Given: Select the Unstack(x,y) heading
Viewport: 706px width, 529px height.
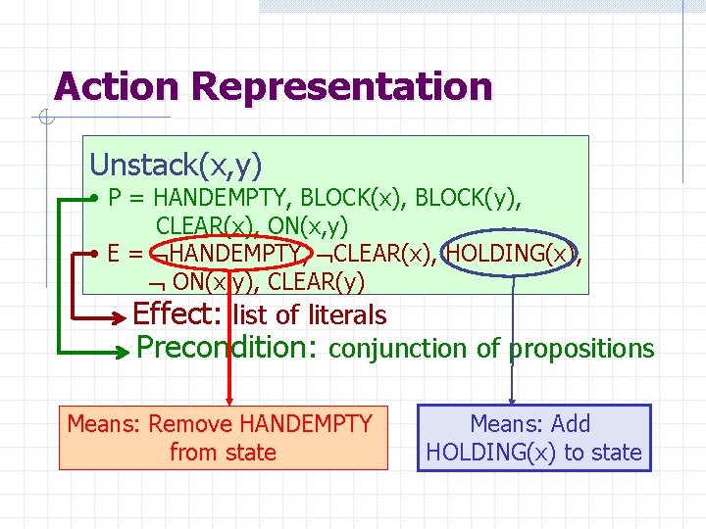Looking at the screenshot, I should (176, 163).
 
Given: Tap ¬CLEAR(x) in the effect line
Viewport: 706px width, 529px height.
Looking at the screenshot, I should (378, 254).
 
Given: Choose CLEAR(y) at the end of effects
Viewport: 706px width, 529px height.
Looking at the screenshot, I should (316, 283).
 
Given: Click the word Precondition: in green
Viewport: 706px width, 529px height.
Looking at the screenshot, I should (227, 347).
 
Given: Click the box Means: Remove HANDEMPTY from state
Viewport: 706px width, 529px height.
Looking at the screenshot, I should (223, 438).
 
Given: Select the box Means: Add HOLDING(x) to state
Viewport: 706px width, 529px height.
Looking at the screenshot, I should (533, 438).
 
